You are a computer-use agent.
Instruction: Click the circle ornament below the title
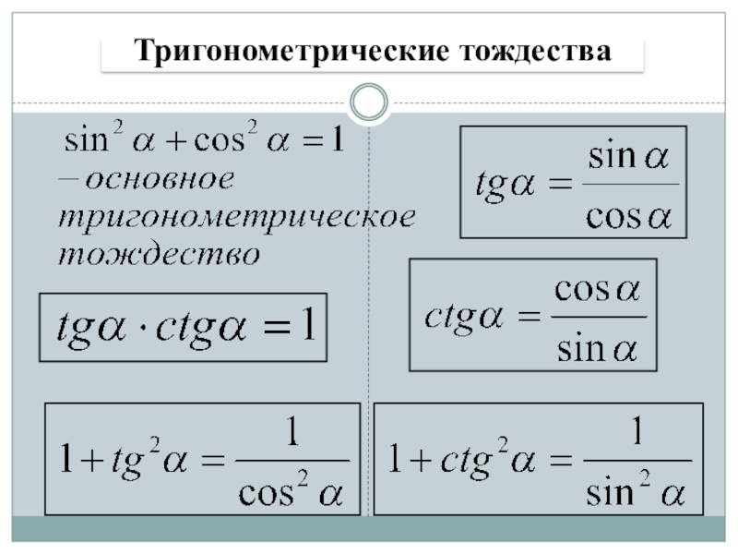[369, 102]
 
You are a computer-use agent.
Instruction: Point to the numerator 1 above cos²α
[292, 434]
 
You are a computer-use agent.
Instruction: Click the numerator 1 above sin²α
[636, 432]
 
